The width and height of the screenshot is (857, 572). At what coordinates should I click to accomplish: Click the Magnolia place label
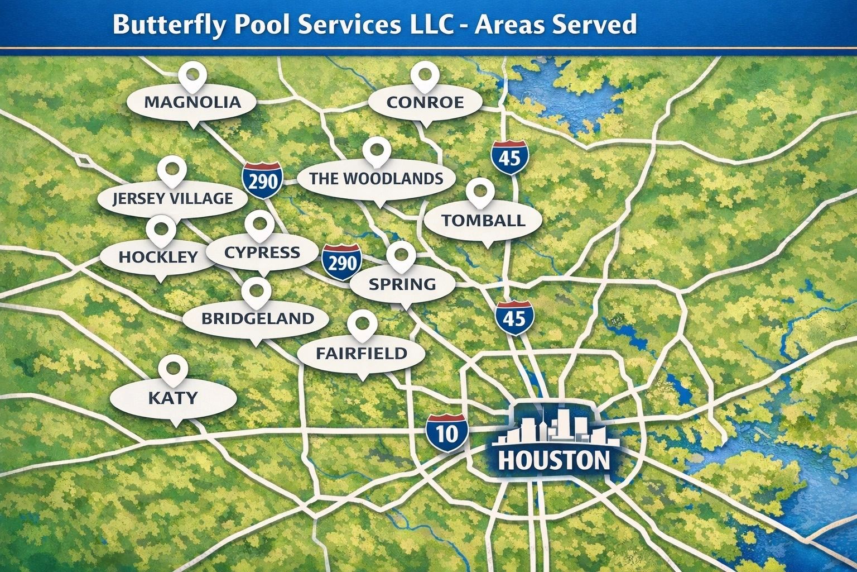tap(192, 102)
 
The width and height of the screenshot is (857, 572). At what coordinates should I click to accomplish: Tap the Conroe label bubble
tap(425, 102)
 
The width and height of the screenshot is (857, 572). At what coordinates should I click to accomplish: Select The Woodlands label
tap(376, 179)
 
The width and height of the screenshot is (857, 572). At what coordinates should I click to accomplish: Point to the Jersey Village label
tap(172, 198)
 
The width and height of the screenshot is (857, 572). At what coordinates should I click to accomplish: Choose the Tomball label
tap(483, 220)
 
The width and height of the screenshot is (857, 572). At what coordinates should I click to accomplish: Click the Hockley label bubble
tap(158, 256)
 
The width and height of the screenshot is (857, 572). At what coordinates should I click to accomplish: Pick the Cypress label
tap(262, 252)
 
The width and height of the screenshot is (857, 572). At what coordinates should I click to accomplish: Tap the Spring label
tap(402, 284)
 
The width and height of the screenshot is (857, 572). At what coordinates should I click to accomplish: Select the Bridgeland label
tap(257, 318)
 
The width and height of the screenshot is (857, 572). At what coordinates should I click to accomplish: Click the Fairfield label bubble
tap(362, 353)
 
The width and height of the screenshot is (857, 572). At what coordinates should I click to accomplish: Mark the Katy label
tap(173, 398)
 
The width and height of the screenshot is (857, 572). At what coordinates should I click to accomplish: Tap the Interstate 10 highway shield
tap(447, 433)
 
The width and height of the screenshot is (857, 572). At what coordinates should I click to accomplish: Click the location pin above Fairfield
tap(362, 324)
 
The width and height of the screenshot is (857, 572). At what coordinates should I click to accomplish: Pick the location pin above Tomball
tap(479, 191)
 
